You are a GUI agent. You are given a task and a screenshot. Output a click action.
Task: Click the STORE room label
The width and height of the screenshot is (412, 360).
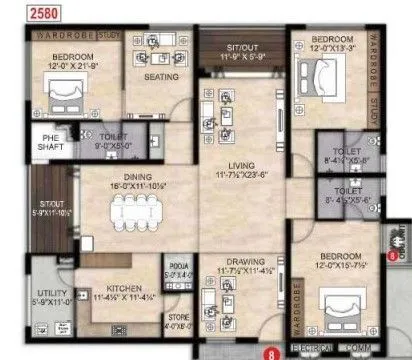(179, 318)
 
